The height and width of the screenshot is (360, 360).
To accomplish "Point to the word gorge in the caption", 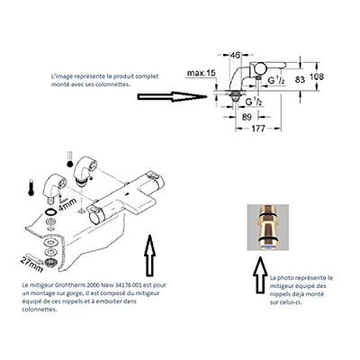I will point(89,292).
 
